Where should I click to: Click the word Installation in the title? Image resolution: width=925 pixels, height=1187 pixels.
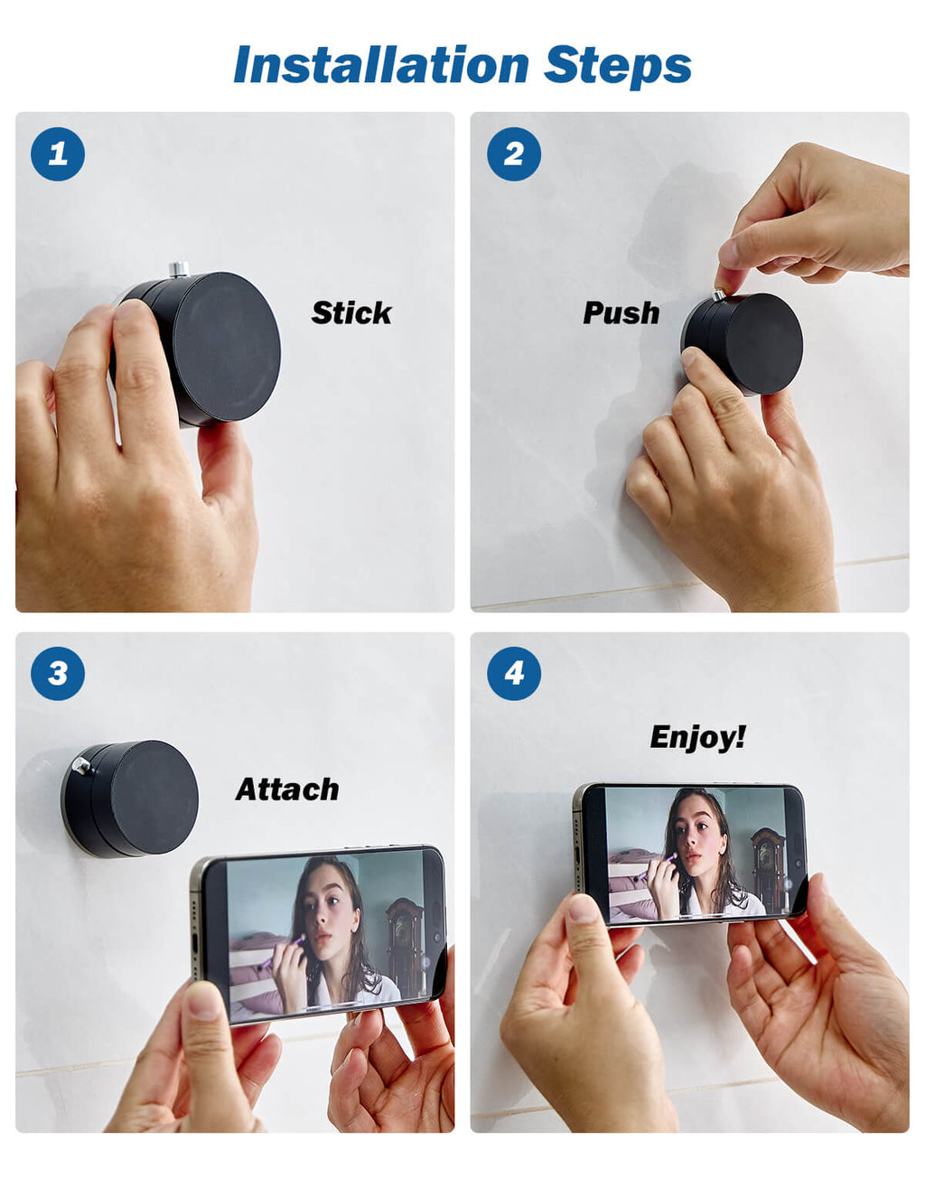point(381,65)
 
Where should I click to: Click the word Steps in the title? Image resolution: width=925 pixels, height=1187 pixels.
point(618,67)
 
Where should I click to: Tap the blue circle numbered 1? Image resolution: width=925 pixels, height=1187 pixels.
point(58,154)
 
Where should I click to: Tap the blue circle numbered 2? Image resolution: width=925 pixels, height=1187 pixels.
point(514,154)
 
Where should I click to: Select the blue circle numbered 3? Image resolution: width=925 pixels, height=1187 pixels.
point(58,674)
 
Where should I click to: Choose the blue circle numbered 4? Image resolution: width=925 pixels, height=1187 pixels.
point(514,674)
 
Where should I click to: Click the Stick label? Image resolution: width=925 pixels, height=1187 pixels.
point(351,313)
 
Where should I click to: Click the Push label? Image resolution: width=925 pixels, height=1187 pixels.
point(621,313)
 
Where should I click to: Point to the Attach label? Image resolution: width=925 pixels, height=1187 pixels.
point(287,790)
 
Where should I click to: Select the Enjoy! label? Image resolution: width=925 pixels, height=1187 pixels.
point(697,738)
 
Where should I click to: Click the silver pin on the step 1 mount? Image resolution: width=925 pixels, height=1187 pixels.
point(179,269)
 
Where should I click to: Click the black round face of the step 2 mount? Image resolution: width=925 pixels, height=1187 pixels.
point(764,343)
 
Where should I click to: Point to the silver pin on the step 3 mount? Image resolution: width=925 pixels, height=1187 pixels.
point(82,765)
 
